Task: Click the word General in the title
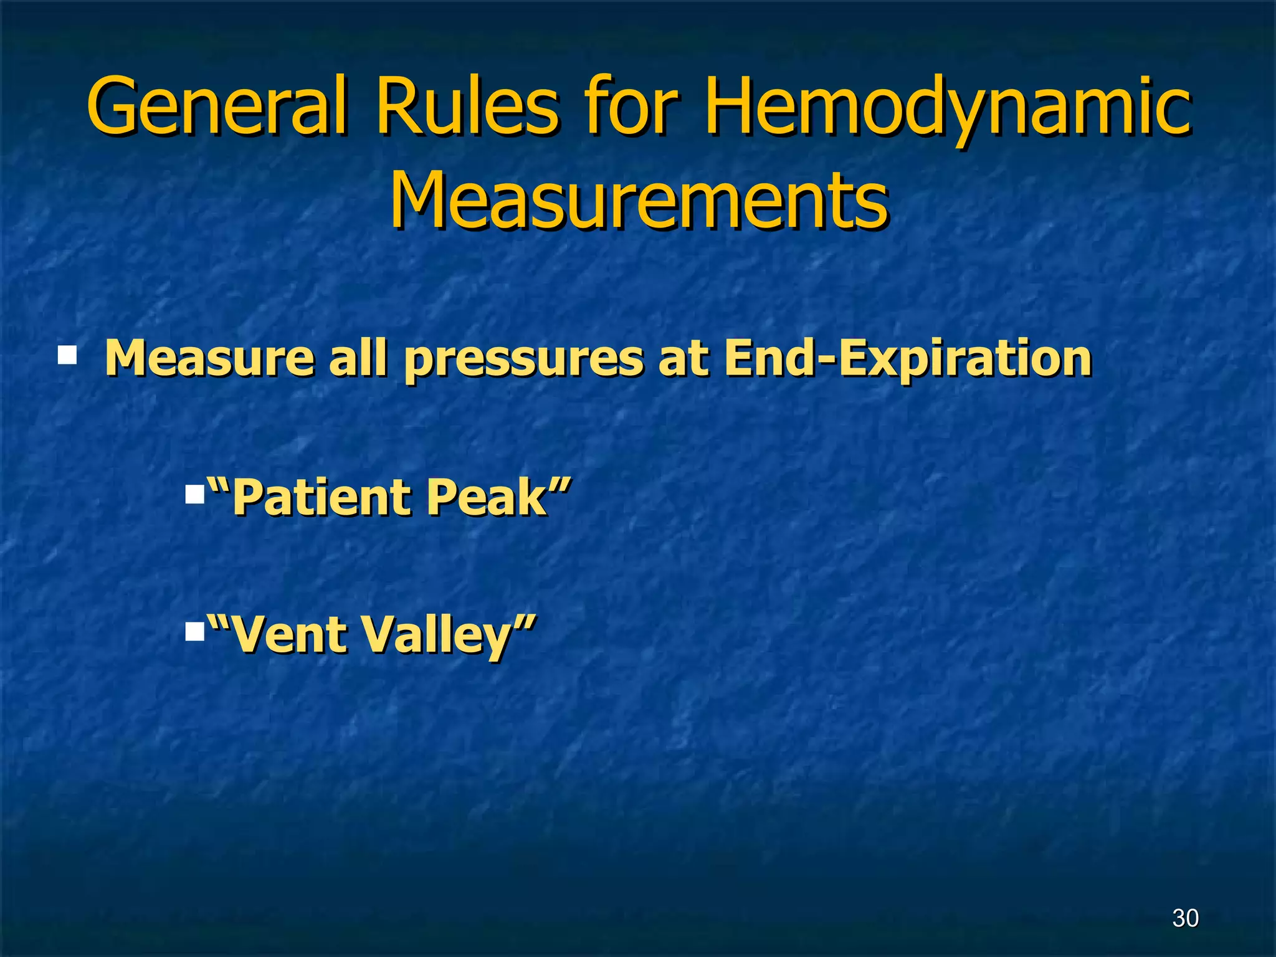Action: [216, 106]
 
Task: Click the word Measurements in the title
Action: [639, 199]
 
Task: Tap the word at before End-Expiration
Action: [683, 359]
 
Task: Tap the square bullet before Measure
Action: [67, 356]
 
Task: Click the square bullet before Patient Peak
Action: [195, 496]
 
